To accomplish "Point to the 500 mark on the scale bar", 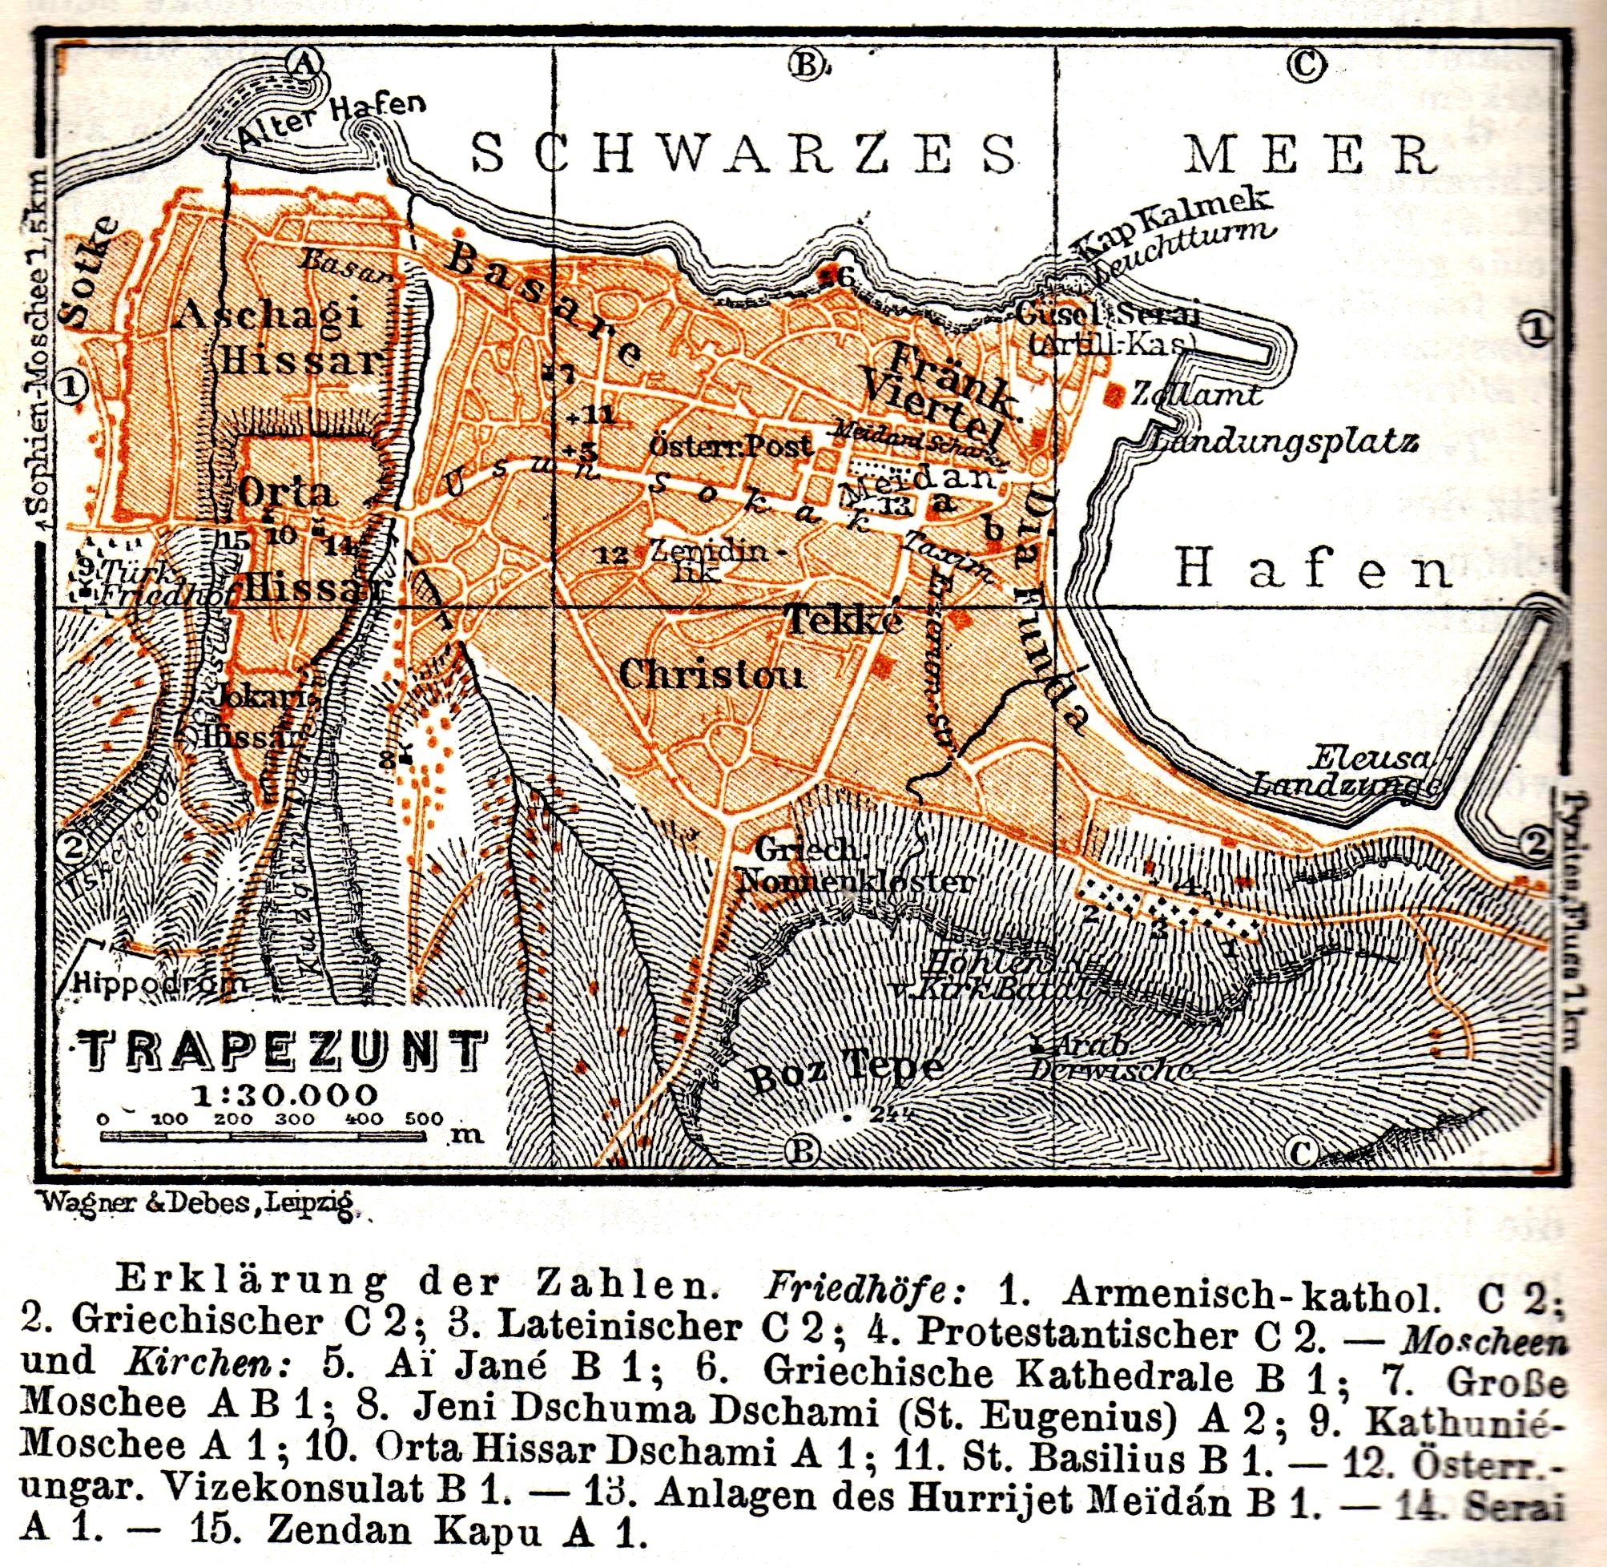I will pos(425,1118).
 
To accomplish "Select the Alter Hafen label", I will pos(332,123).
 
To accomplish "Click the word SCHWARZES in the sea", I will pos(745,154).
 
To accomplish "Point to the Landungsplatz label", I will pos(1283,442).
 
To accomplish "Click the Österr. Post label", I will pos(731,446).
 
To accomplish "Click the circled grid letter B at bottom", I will pos(804,1150).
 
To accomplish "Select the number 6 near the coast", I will pos(843,277).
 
